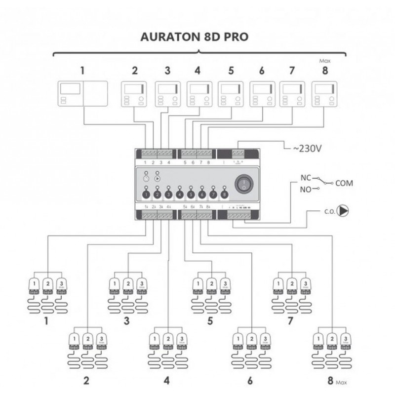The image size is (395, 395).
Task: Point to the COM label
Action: (344, 183)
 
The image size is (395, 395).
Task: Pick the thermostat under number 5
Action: (230, 94)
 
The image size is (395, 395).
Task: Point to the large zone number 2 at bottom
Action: (86, 381)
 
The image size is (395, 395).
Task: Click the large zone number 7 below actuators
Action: (290, 321)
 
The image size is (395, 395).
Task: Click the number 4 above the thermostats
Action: (197, 70)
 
